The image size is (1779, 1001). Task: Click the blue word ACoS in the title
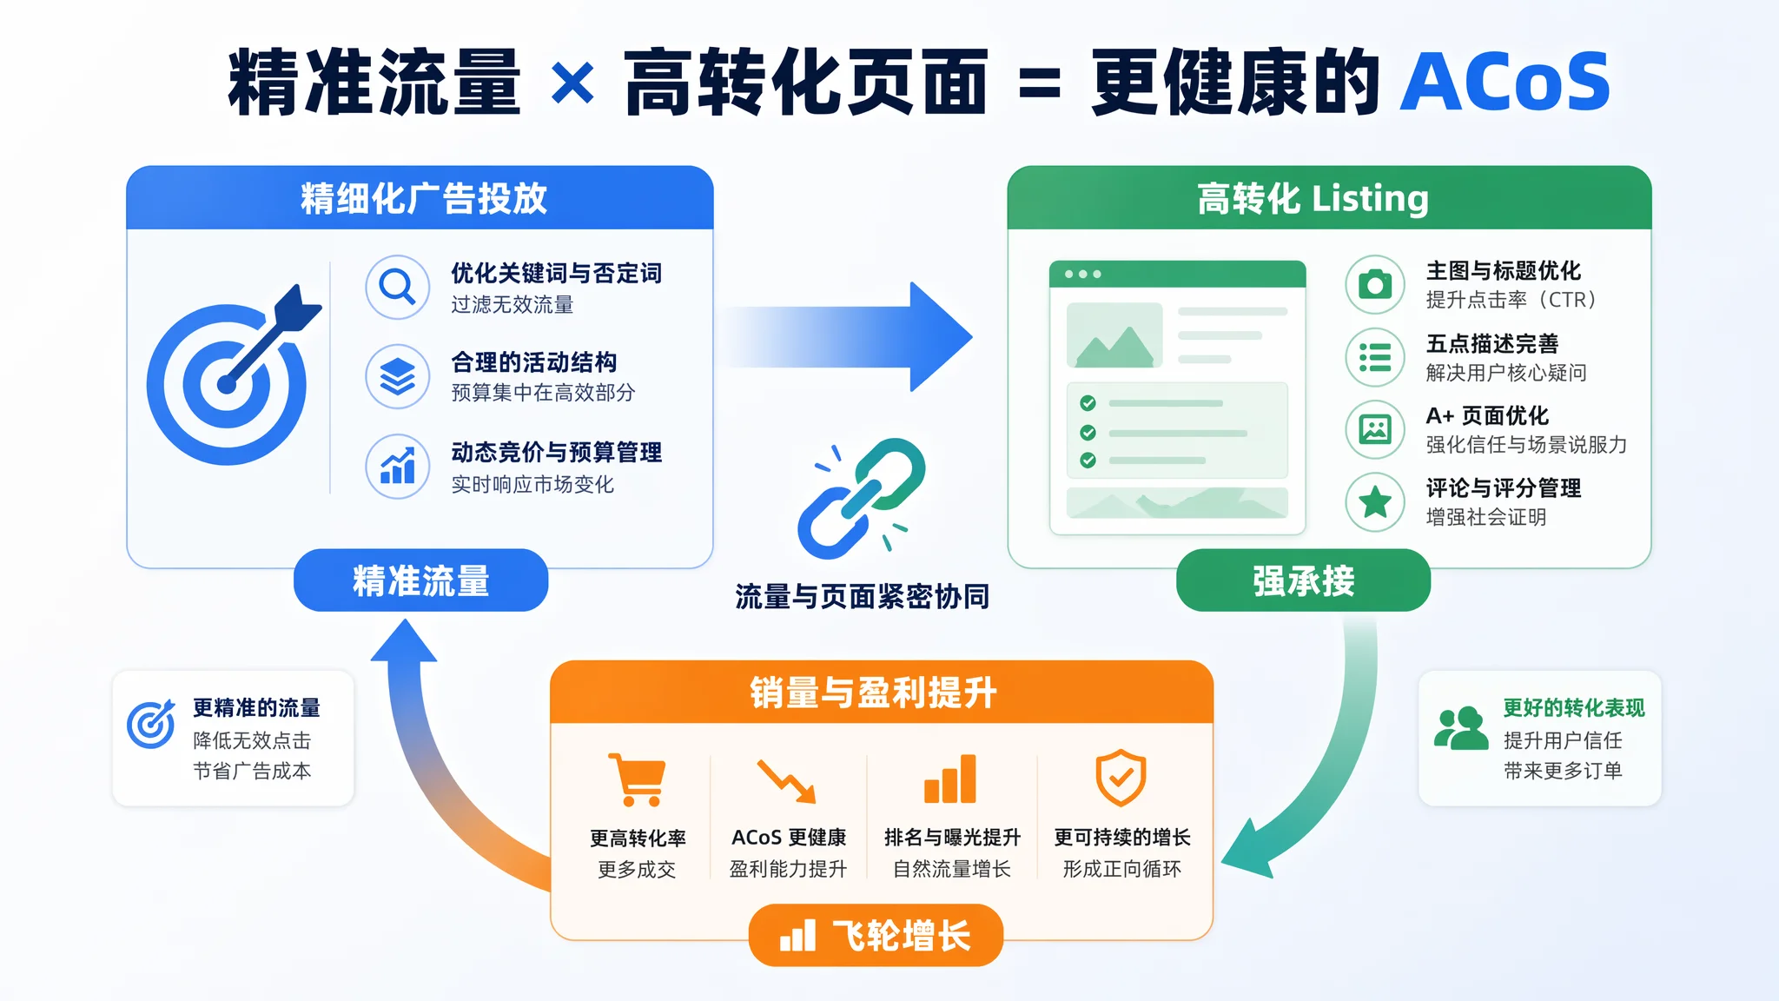coord(1505,82)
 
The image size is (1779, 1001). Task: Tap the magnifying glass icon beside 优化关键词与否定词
coord(398,287)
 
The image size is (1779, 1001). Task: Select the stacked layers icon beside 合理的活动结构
coord(398,377)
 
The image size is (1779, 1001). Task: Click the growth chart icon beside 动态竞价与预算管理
coord(398,467)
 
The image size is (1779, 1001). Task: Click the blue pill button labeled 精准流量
coord(420,580)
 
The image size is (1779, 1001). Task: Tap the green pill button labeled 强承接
coord(1303,580)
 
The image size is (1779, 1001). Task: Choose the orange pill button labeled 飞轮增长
coord(876,936)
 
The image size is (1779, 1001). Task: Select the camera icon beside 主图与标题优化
coord(1375,285)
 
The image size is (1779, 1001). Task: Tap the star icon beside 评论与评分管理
coord(1375,501)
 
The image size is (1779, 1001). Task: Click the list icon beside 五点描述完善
coord(1375,357)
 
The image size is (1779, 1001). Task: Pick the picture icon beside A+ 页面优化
coord(1375,429)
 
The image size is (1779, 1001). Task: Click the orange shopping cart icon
coord(638,779)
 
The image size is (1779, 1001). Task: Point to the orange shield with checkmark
coord(1121,778)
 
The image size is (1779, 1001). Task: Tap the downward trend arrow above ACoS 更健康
coord(786,781)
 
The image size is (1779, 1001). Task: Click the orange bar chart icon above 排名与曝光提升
coord(950,779)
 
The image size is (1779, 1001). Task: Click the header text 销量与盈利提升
coord(873,693)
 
